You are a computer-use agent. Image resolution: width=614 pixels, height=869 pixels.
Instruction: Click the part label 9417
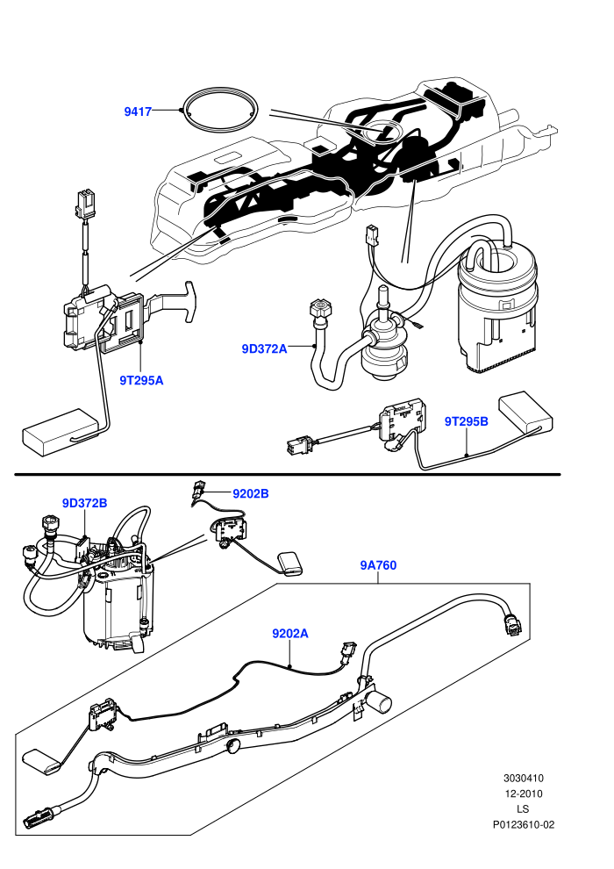(x=138, y=112)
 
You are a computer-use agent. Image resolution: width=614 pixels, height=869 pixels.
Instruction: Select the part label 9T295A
(x=142, y=381)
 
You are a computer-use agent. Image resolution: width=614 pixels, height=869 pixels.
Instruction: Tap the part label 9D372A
(x=264, y=348)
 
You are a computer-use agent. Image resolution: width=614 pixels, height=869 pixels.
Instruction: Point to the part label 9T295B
(x=466, y=421)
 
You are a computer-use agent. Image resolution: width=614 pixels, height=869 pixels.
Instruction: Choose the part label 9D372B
(x=85, y=503)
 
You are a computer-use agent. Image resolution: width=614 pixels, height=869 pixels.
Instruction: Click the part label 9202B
(x=250, y=493)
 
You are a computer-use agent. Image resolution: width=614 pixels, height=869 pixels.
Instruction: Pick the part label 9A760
(x=378, y=565)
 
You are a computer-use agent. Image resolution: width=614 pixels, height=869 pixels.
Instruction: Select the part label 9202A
(x=290, y=633)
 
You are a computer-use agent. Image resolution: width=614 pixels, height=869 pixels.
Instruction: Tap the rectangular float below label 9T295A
(x=60, y=432)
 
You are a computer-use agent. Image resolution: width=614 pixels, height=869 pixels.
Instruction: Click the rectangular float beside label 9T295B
(x=526, y=413)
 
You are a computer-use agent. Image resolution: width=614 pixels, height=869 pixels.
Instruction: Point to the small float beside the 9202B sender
(x=290, y=564)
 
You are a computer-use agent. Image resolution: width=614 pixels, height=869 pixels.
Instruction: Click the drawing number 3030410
(x=523, y=778)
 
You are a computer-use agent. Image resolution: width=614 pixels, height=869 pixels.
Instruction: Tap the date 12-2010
(x=523, y=794)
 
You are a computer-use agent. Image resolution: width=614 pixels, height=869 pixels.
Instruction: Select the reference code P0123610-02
(x=523, y=824)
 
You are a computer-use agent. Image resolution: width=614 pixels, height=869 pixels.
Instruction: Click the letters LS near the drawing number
(x=523, y=809)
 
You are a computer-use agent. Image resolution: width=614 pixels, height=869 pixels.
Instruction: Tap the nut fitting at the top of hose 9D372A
(x=320, y=309)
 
